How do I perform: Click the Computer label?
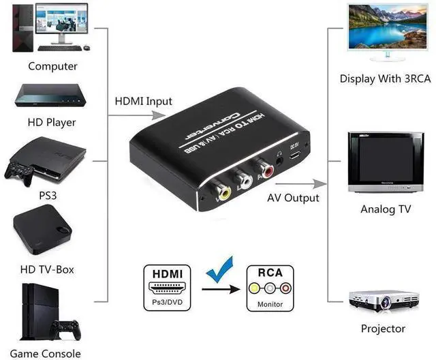(x=52, y=66)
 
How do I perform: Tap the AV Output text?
(x=292, y=198)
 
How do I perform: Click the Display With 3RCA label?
(x=385, y=78)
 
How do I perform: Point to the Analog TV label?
(x=385, y=209)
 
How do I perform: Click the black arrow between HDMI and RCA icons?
(x=221, y=290)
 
